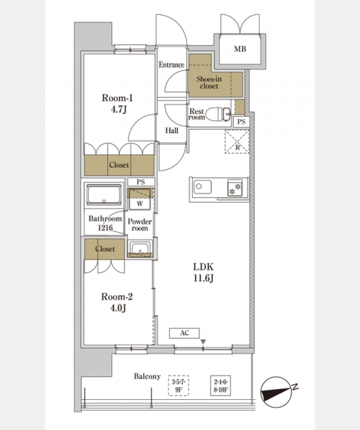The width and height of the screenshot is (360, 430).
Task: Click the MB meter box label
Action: pyautogui.click(x=240, y=49)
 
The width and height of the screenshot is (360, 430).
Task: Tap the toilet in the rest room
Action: pyautogui.click(x=218, y=114)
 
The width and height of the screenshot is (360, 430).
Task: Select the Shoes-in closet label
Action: pyautogui.click(x=209, y=82)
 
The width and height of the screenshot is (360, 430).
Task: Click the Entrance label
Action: pyautogui.click(x=171, y=64)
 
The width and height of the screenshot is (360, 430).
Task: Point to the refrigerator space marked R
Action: pyautogui.click(x=237, y=141)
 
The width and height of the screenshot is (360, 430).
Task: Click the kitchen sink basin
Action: pyautogui.click(x=202, y=187)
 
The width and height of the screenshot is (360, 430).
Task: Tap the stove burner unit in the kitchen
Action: pyautogui.click(x=235, y=188)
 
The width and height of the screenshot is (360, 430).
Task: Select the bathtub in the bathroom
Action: pyautogui.click(x=104, y=195)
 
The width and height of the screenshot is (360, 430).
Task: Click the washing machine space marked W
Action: pyautogui.click(x=140, y=199)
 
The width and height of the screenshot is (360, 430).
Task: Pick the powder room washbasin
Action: pyautogui.click(x=141, y=249)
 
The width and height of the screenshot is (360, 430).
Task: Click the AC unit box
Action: pyautogui.click(x=184, y=333)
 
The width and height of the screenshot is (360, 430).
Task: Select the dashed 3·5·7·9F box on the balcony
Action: pyautogui.click(x=179, y=386)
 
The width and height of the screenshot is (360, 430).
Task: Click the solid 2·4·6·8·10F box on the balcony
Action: pyautogui.click(x=220, y=386)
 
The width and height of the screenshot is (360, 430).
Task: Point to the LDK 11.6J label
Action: pyautogui.click(x=204, y=272)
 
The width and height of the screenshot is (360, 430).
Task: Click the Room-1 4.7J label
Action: pyautogui.click(x=118, y=103)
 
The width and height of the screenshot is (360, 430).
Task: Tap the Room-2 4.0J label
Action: pyautogui.click(x=117, y=302)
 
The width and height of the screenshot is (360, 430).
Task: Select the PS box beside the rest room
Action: pyautogui.click(x=241, y=122)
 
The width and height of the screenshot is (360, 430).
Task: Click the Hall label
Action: pyautogui.click(x=172, y=130)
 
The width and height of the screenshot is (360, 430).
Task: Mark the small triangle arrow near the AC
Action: pyautogui.click(x=203, y=342)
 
